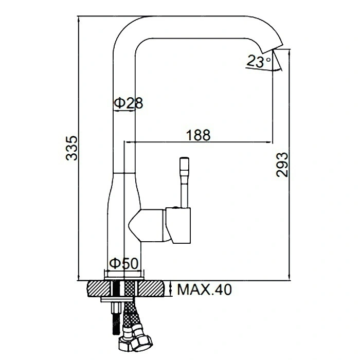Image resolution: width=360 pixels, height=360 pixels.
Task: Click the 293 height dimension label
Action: (x=282, y=165)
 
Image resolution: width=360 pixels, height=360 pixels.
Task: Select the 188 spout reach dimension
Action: (x=198, y=135)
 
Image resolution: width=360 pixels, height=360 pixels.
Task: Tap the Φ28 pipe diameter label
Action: (x=129, y=103)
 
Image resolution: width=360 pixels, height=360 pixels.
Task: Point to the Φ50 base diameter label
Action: (x=124, y=263)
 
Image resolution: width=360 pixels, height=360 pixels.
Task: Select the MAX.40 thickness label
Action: (x=204, y=290)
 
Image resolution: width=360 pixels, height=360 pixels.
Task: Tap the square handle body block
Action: (x=178, y=225)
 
